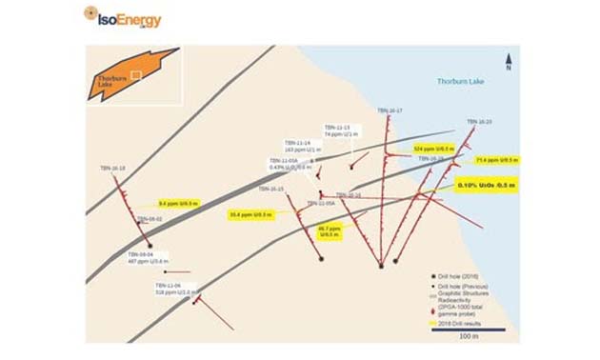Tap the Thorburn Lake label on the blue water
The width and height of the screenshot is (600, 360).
[461, 82]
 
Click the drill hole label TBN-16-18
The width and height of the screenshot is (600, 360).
[112, 169]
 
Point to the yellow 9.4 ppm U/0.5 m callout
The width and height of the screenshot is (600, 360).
[177, 203]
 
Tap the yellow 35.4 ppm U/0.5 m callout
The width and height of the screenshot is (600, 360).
[251, 214]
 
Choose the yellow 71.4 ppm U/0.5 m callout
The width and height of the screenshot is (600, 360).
[496, 160]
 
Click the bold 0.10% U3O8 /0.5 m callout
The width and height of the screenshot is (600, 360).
[485, 185]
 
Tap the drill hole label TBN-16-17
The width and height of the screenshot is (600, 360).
[390, 110]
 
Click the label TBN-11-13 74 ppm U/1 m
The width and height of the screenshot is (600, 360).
[337, 131]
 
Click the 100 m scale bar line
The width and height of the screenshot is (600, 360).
[468, 330]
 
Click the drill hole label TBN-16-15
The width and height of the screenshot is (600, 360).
[273, 189]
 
